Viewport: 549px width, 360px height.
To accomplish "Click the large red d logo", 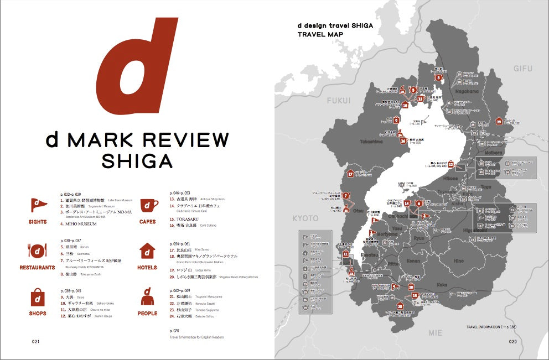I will tap(136, 66).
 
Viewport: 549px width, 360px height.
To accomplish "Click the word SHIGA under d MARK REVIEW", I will tap(137, 161).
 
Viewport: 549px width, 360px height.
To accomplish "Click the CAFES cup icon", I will tap(147, 205).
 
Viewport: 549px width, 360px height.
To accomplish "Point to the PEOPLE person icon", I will tap(147, 297).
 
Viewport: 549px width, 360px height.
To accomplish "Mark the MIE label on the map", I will tap(436, 332).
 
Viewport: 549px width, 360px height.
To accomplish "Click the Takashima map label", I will tap(371, 142).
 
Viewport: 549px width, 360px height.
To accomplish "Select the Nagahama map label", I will tap(467, 92).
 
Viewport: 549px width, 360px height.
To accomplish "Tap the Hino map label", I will tap(458, 260).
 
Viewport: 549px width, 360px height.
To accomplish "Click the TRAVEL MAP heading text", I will tap(320, 34).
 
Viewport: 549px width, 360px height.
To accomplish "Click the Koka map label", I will tap(442, 284).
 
